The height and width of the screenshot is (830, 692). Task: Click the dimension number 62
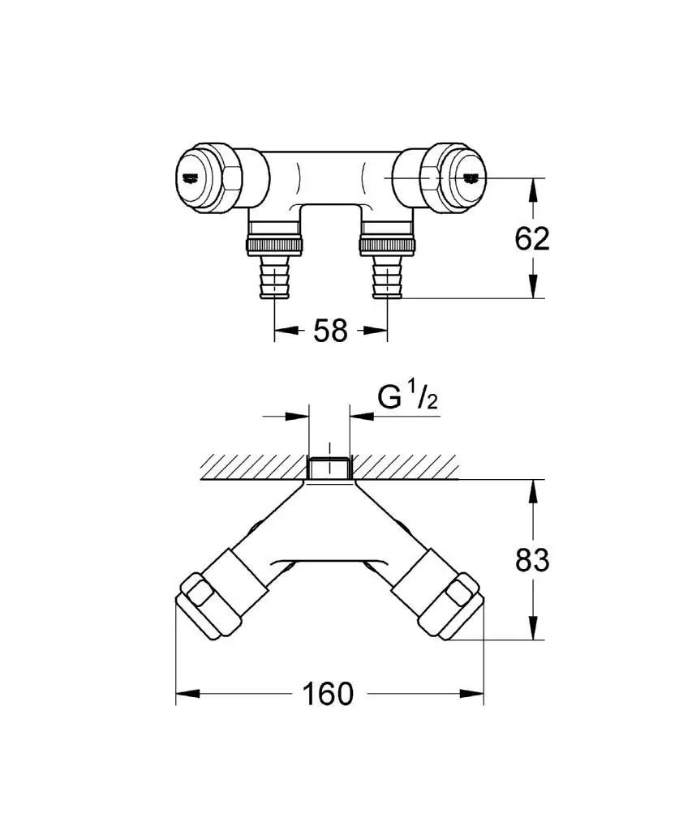(532, 239)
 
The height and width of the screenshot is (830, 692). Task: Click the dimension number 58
(330, 331)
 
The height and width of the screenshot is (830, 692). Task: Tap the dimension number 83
(532, 560)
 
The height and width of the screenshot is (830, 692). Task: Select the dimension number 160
(328, 694)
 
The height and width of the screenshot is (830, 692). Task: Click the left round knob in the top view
(197, 179)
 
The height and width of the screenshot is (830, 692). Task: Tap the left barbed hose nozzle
(274, 276)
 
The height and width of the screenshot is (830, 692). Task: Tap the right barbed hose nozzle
(387, 276)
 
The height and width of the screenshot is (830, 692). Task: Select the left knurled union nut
(274, 245)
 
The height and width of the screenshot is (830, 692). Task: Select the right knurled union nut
(387, 245)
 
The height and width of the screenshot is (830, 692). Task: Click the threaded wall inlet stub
(329, 468)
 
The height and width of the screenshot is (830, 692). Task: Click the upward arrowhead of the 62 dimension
(533, 190)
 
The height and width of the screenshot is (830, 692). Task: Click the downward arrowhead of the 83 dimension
(533, 628)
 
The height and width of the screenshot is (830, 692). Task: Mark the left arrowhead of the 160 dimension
(187, 694)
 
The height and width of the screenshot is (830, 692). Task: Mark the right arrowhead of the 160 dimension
(471, 694)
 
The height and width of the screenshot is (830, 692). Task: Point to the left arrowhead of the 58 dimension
(286, 331)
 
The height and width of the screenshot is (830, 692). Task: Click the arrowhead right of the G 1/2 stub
(362, 416)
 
